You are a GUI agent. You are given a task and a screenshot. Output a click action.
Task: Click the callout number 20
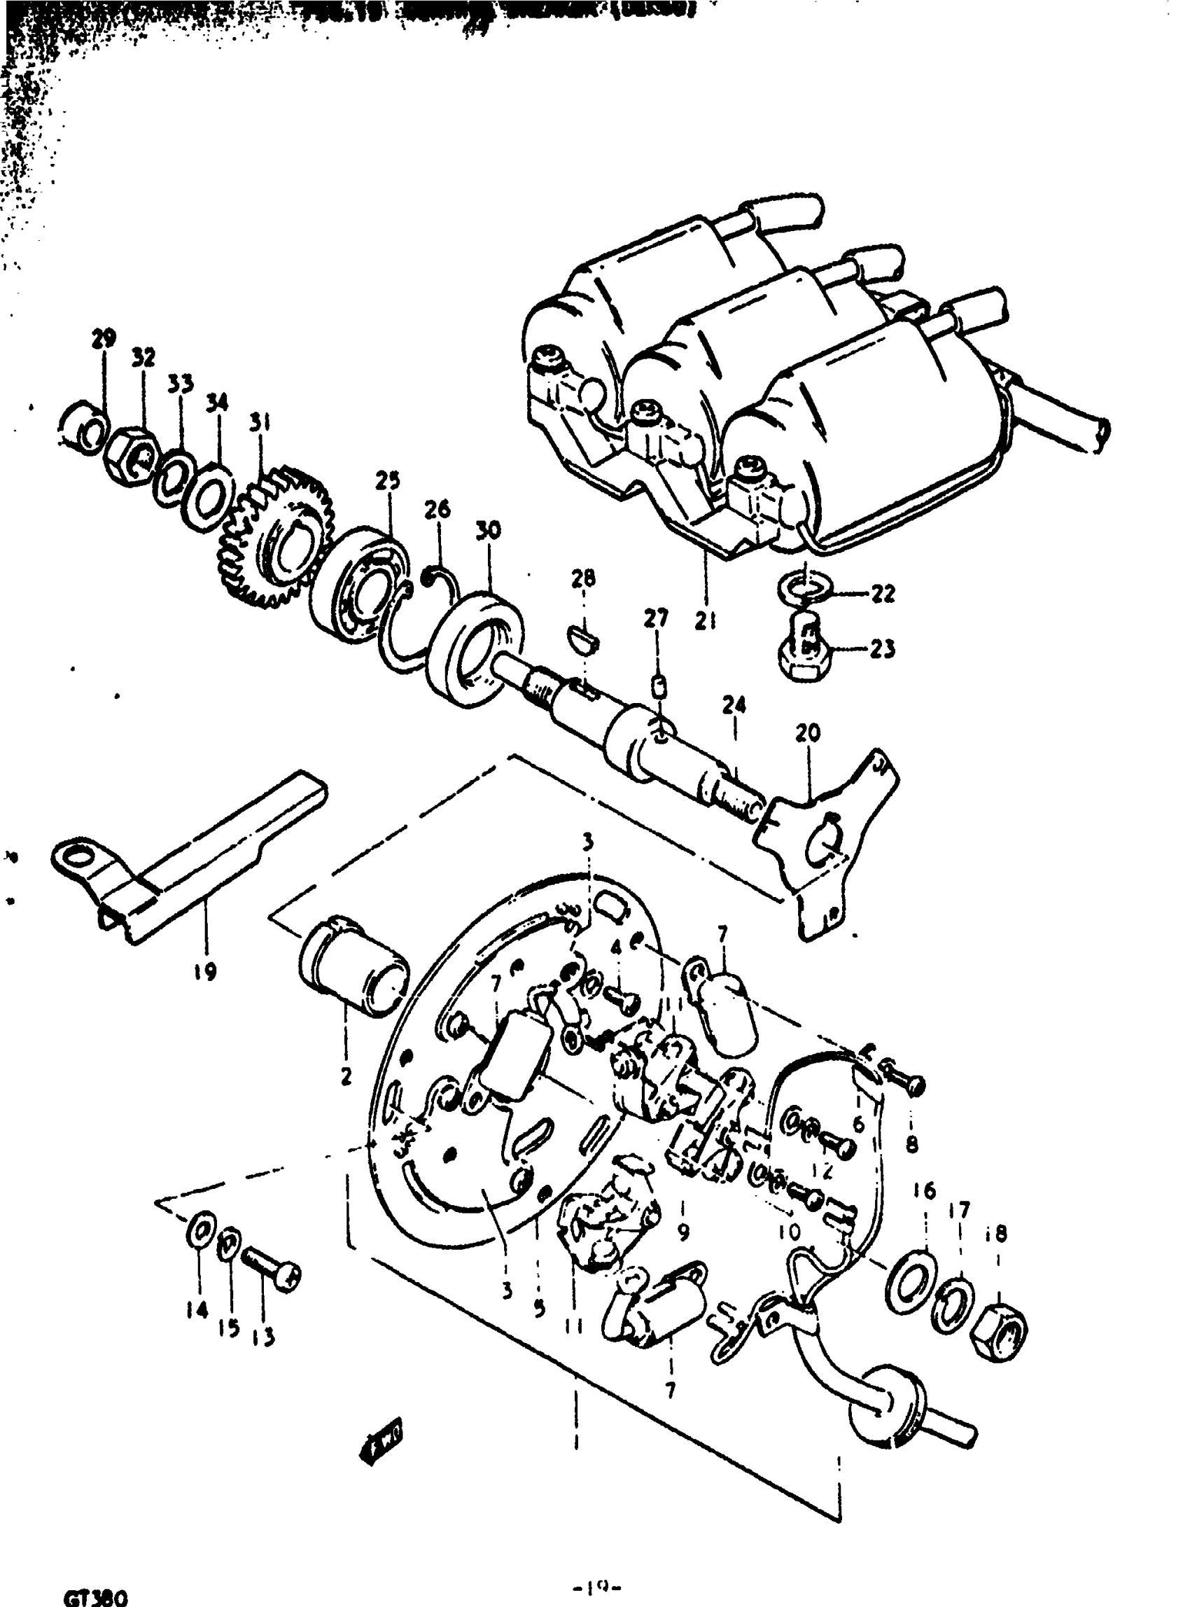click(x=808, y=734)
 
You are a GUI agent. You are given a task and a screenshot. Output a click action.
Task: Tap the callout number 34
click(x=217, y=402)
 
